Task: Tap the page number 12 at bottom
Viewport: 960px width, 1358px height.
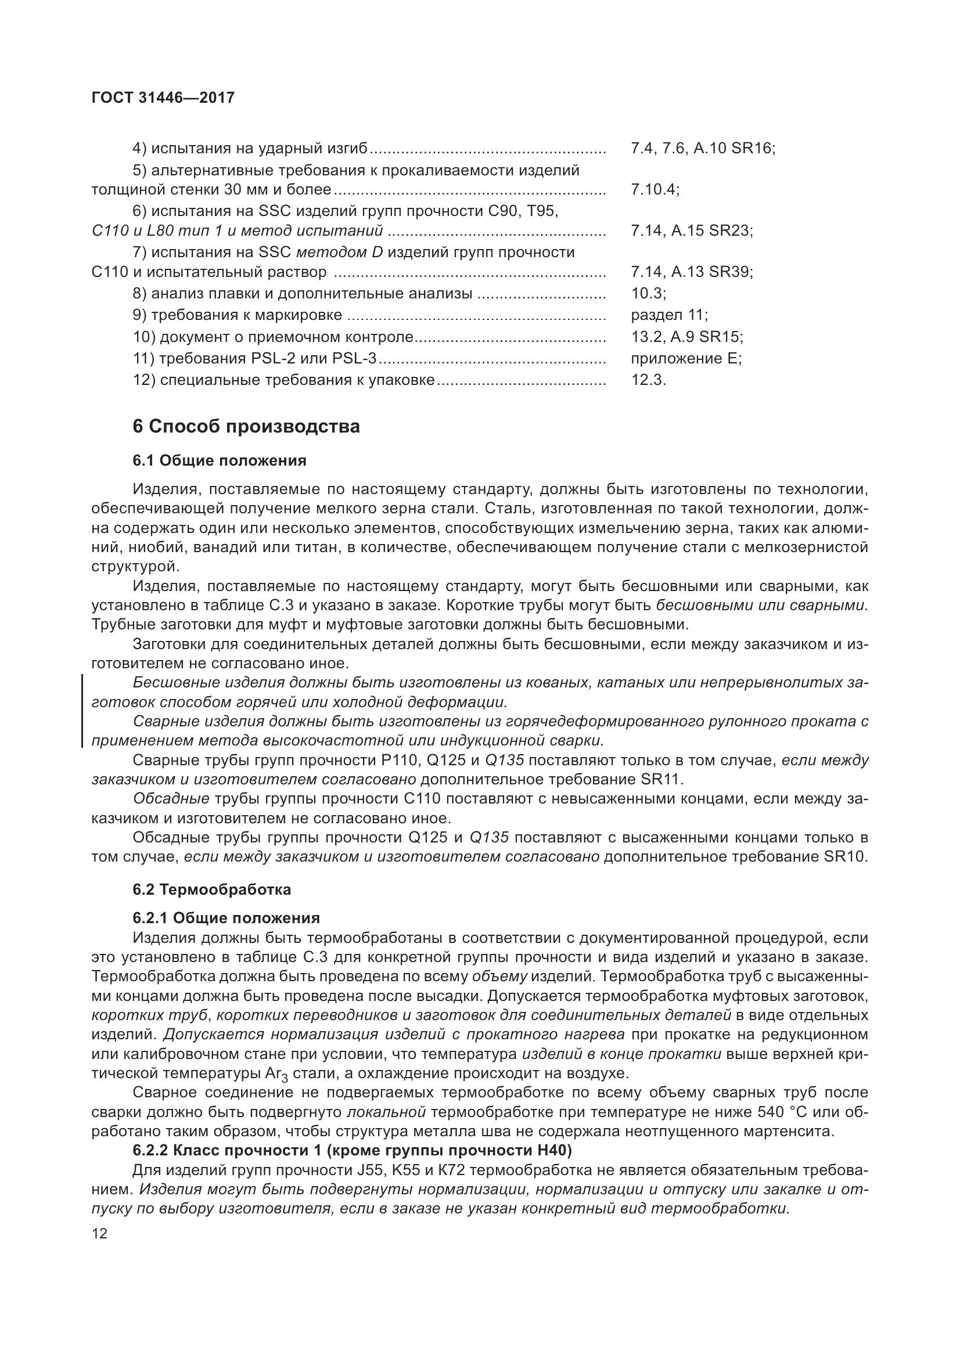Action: [99, 1234]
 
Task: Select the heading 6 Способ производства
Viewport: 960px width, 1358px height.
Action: [246, 427]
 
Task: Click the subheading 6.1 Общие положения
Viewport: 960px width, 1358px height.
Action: [220, 461]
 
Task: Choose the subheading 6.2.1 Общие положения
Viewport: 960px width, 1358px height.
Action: [226, 918]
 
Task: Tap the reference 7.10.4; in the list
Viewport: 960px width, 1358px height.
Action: [655, 190]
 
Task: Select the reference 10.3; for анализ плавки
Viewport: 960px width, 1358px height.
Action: [648, 293]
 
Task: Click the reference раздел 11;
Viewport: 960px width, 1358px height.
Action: [669, 315]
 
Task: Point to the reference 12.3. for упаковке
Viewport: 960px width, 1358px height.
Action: [648, 380]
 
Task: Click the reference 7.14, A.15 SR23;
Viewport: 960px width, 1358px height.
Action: [692, 230]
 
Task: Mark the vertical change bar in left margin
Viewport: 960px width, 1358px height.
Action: [82, 712]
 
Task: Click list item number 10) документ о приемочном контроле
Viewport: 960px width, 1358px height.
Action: [273, 337]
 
